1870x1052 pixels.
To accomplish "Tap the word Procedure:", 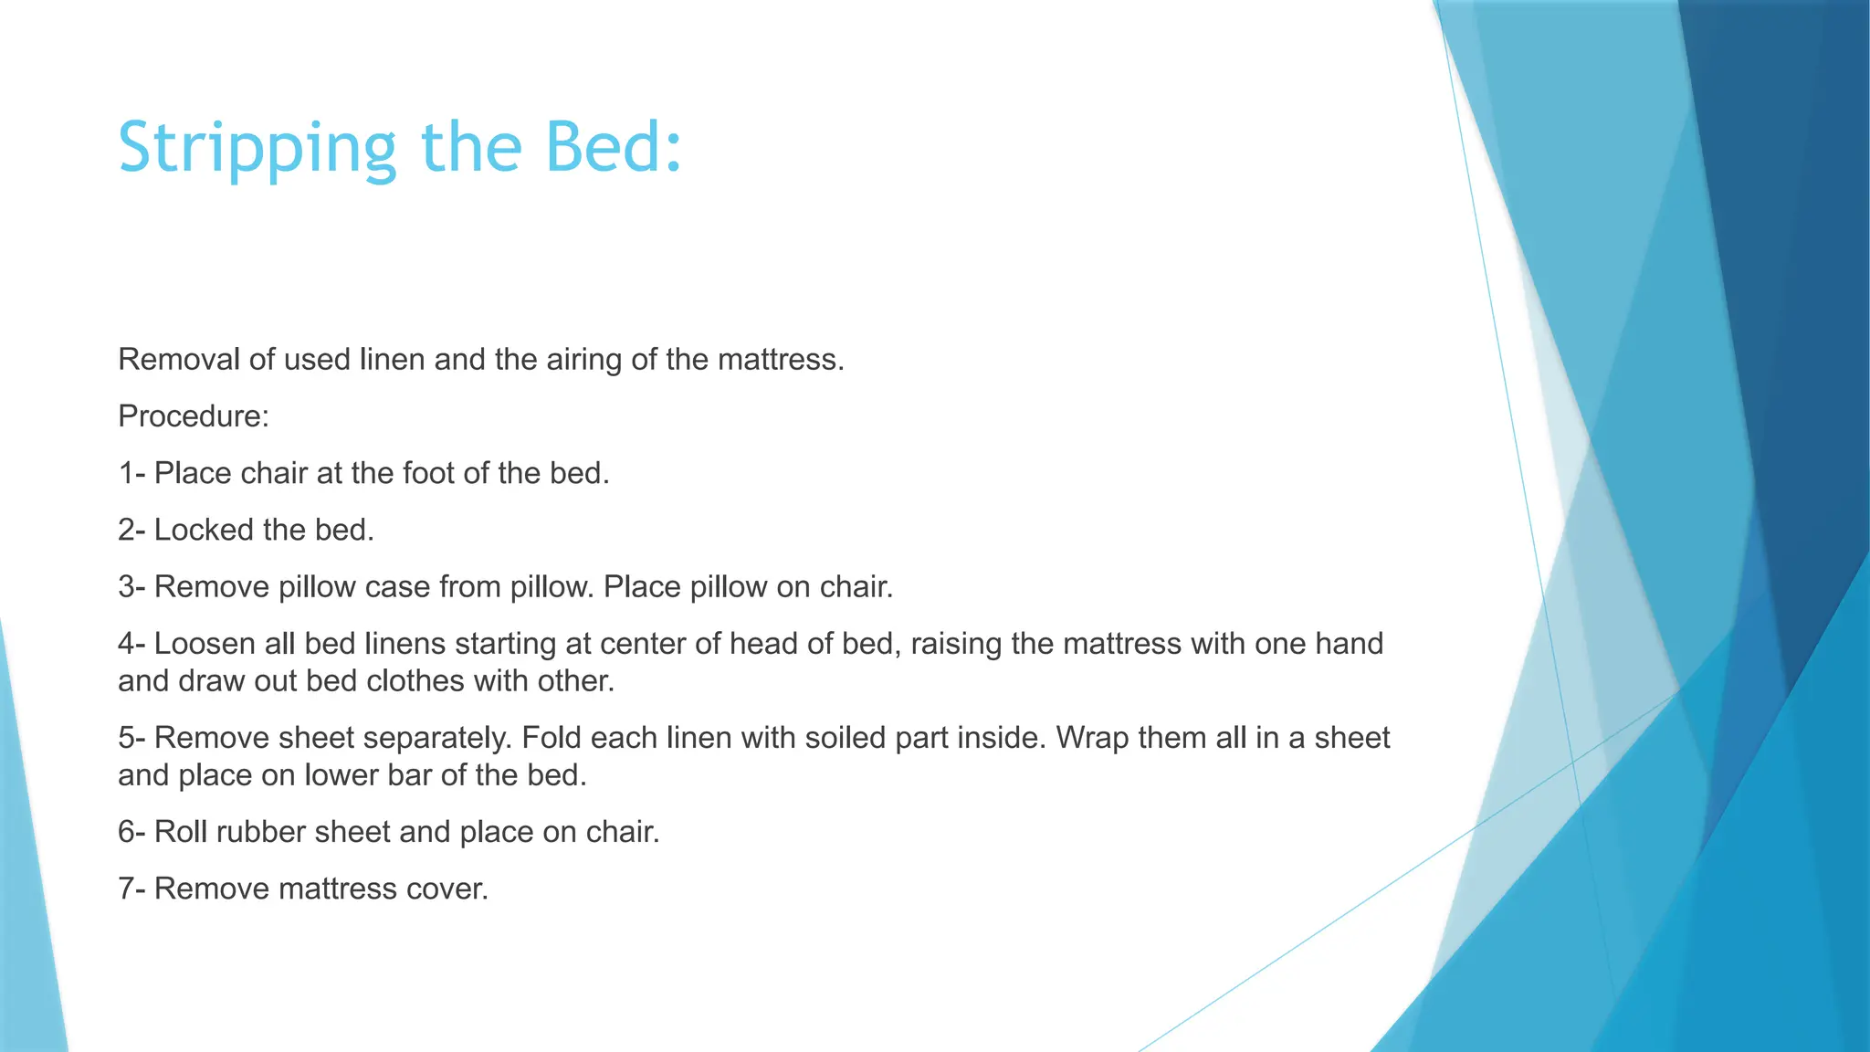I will tap(194, 416).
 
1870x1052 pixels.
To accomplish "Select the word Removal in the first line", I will tap(179, 360).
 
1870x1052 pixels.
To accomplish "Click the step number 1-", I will tap(131, 473).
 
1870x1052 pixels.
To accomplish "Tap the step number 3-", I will tap(131, 586).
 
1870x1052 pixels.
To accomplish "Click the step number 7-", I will tap(131, 889).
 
